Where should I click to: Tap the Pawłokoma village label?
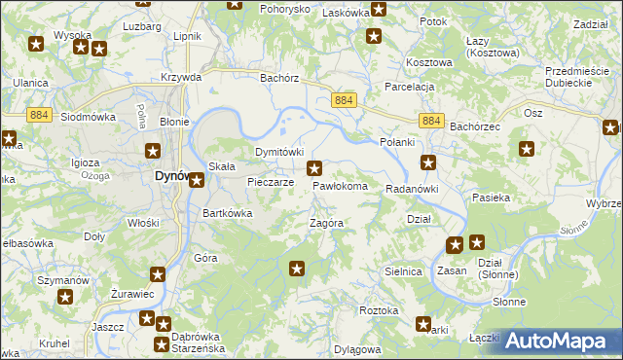(340, 186)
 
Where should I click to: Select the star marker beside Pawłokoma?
(314, 168)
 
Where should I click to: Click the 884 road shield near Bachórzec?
(434, 121)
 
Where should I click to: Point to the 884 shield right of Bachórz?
(342, 101)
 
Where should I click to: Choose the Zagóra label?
(326, 223)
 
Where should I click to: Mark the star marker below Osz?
(527, 149)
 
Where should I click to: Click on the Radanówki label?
(413, 189)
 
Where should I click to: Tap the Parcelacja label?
(409, 87)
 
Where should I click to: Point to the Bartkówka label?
(227, 213)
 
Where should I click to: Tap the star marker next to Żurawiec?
(158, 274)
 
